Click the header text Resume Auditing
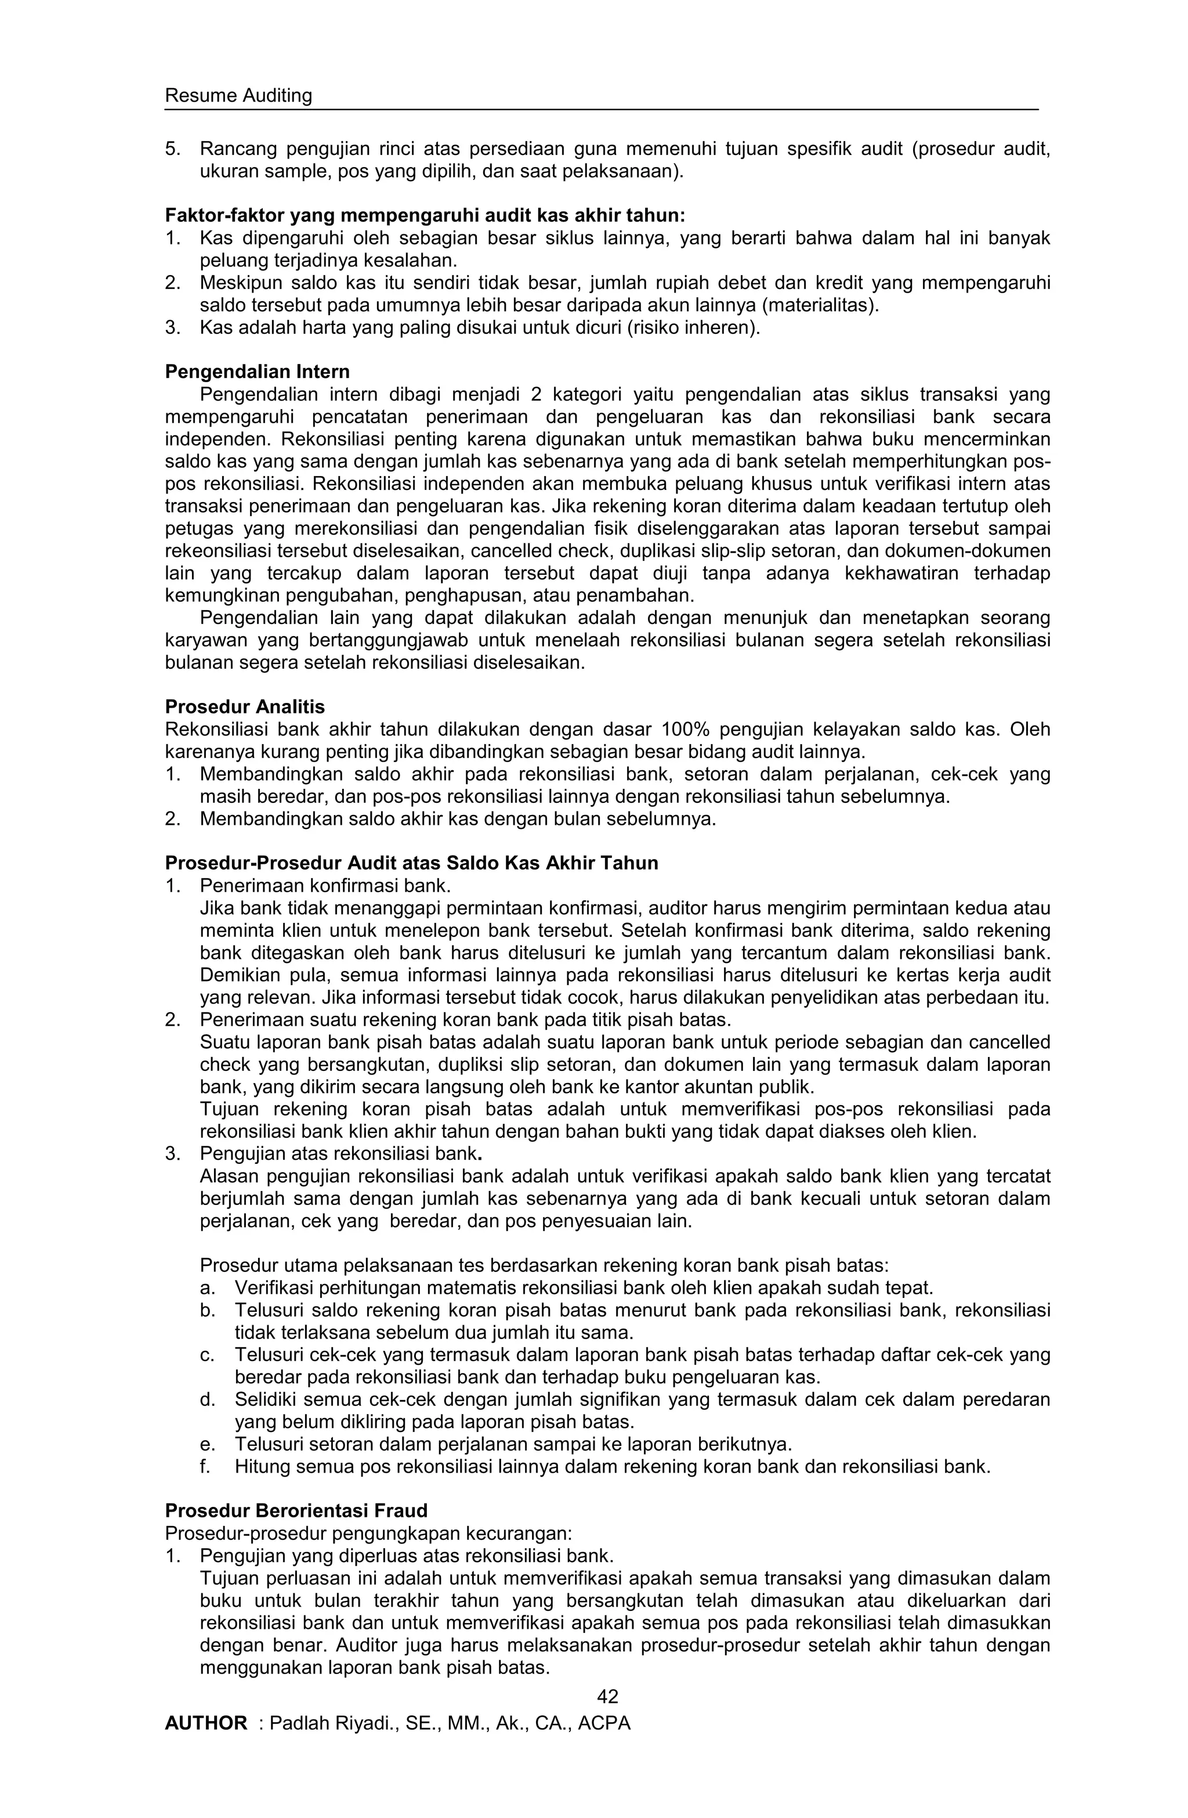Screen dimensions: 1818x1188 [238, 96]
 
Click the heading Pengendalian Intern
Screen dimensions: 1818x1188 [258, 372]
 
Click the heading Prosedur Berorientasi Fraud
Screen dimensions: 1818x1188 [296, 1510]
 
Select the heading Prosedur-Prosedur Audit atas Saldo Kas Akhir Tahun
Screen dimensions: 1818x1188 [411, 863]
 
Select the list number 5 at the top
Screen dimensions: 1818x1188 [171, 149]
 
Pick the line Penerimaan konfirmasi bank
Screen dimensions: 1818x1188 [325, 886]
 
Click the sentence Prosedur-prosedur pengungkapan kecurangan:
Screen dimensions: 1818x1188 [368, 1533]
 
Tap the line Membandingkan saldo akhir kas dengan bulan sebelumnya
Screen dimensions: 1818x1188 [458, 819]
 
